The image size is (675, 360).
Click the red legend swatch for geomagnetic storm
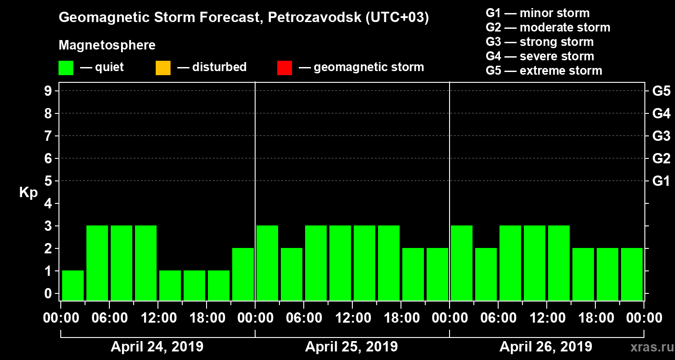point(284,68)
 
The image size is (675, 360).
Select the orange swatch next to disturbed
point(163,68)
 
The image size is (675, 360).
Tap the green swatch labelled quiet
point(66,68)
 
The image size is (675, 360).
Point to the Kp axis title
point(28,193)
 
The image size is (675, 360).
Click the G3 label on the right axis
point(661,136)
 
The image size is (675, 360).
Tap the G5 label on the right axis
point(661,91)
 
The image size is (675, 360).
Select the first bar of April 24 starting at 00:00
point(73,285)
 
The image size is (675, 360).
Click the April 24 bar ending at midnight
point(243,274)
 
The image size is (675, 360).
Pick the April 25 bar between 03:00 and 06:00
point(292,274)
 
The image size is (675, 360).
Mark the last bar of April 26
point(632,274)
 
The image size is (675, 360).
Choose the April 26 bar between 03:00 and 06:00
point(486,274)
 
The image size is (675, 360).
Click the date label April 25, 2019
point(351,347)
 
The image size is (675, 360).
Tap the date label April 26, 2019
point(546,347)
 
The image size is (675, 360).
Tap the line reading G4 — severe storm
point(540,56)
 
